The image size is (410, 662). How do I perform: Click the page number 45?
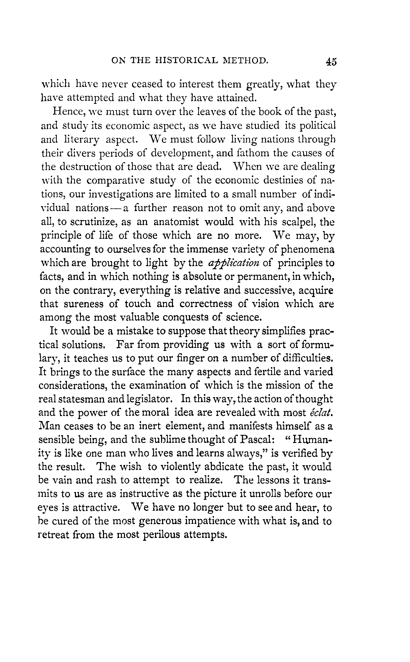click(x=331, y=62)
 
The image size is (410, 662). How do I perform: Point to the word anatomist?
click(x=176, y=222)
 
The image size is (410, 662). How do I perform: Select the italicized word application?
click(x=234, y=263)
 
